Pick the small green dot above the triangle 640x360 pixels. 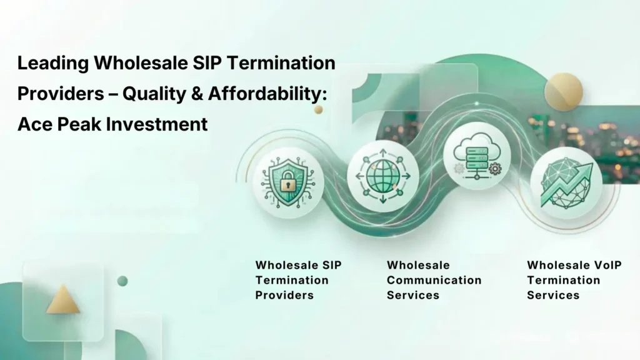click(x=122, y=281)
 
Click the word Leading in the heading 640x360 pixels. click(x=53, y=63)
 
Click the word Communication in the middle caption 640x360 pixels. click(x=434, y=280)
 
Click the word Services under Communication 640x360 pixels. click(x=413, y=295)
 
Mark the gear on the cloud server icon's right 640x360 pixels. click(x=496, y=167)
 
